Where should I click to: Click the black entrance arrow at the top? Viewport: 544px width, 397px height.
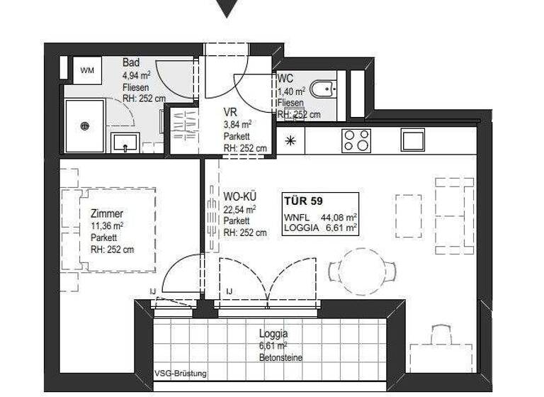pyautogui.click(x=227, y=9)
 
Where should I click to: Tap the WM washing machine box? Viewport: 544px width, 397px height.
pyautogui.click(x=87, y=69)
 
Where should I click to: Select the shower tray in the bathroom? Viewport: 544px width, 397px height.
pyautogui.click(x=84, y=126)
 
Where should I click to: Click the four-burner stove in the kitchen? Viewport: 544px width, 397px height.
pyautogui.click(x=356, y=140)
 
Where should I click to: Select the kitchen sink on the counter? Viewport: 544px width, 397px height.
pyautogui.click(x=412, y=139)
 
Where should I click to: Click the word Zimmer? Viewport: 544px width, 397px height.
pyautogui.click(x=107, y=213)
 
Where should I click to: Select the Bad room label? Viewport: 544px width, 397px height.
pyautogui.click(x=130, y=62)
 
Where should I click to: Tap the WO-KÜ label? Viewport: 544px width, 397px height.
pyautogui.click(x=239, y=197)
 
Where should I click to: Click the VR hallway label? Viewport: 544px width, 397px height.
pyautogui.click(x=230, y=111)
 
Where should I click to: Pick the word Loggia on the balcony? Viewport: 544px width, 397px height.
pyautogui.click(x=273, y=333)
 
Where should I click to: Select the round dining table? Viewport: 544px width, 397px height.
pyautogui.click(x=363, y=269)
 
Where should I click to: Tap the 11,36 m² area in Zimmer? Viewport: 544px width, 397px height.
pyautogui.click(x=107, y=226)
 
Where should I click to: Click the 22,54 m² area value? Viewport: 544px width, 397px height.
pyautogui.click(x=239, y=209)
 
